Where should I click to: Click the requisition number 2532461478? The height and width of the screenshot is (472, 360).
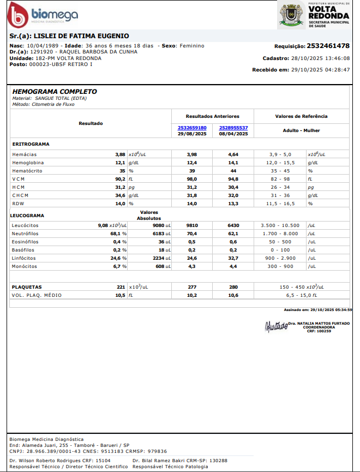pyautogui.click(x=328, y=46)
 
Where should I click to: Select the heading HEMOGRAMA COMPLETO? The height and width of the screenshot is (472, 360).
pyautogui.click(x=55, y=92)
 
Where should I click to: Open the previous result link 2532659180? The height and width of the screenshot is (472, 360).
pyautogui.click(x=192, y=128)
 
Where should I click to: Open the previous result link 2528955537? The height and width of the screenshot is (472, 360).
pyautogui.click(x=233, y=128)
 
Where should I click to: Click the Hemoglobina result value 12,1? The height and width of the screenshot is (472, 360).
pyautogui.click(x=119, y=163)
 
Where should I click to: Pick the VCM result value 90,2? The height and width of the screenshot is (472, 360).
pyautogui.click(x=119, y=179)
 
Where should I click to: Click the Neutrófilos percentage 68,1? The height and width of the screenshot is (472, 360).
pyautogui.click(x=116, y=234)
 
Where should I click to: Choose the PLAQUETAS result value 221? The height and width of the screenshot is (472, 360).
pyautogui.click(x=121, y=286)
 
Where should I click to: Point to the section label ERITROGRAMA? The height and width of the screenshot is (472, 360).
pyautogui.click(x=31, y=144)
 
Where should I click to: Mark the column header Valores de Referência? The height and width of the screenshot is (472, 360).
pyautogui.click(x=301, y=116)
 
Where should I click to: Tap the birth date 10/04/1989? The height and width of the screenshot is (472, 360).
pyautogui.click(x=43, y=46)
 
